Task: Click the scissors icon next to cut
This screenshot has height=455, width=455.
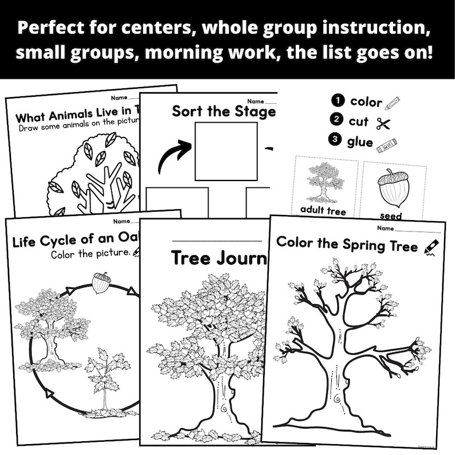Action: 383,122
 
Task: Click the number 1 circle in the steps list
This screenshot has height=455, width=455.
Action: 338,101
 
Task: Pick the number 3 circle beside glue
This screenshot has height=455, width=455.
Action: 338,141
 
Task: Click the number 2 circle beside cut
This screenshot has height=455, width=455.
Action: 338,121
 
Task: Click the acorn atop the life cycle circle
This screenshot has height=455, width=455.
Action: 101,282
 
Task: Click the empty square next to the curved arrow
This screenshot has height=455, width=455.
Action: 220,152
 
